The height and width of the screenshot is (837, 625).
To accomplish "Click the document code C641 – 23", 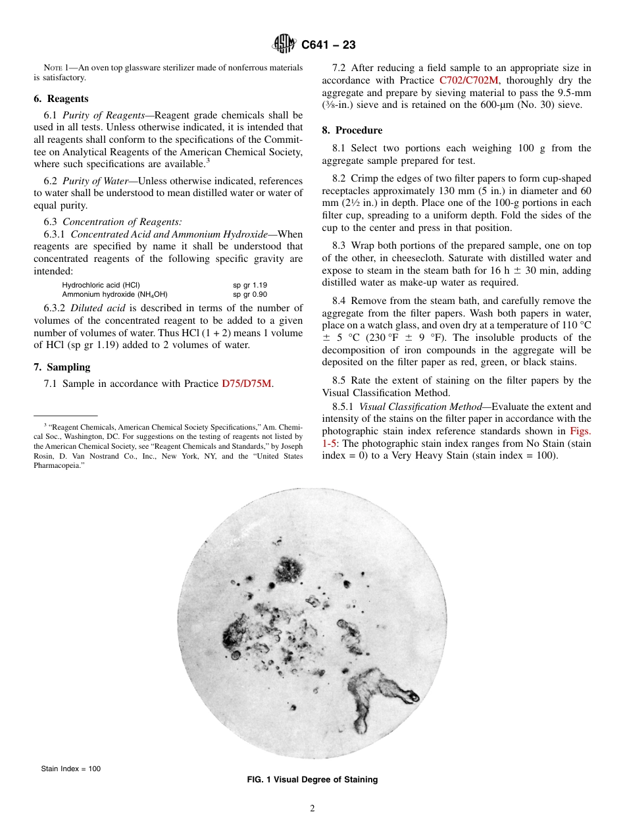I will coord(328,45).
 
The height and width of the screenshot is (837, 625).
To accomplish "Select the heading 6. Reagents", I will coord(61,99).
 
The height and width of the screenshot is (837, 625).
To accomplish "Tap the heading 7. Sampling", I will coord(62,367).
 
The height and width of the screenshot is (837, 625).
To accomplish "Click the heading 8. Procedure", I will coord(352,130).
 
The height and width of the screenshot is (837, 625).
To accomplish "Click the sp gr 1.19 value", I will coord(250,285).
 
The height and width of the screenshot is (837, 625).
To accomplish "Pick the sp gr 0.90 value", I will coord(250,295).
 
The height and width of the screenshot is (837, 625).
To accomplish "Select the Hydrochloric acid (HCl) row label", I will coord(100,285).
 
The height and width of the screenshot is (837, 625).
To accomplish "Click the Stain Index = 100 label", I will coord(71,769).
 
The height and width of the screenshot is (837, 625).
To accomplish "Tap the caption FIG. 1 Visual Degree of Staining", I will coord(312,780).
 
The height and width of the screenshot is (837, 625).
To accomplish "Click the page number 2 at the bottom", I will coord(312,809).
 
